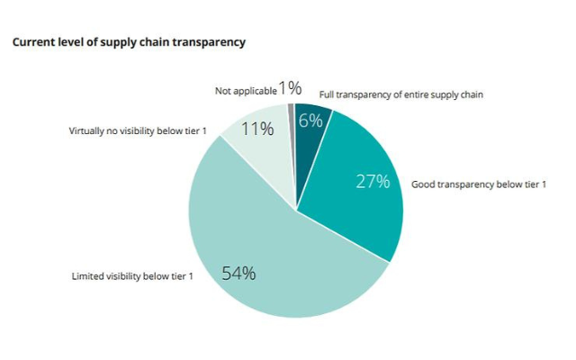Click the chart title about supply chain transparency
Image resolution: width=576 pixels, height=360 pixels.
tap(128, 42)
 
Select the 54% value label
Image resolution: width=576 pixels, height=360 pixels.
tap(238, 274)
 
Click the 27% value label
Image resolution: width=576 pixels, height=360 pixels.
tap(373, 181)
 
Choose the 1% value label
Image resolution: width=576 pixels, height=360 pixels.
tap(289, 88)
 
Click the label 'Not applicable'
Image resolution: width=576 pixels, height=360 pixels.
tap(244, 91)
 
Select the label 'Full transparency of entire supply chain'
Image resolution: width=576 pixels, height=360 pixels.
tap(402, 94)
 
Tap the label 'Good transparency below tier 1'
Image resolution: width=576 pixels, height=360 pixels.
tap(479, 184)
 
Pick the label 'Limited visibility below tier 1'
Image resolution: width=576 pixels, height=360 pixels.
tap(132, 275)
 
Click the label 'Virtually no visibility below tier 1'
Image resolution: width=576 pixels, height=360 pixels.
tap(138, 131)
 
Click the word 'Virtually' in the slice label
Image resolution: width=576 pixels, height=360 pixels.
tap(87, 131)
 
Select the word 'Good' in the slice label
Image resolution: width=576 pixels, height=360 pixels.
tap(424, 184)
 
